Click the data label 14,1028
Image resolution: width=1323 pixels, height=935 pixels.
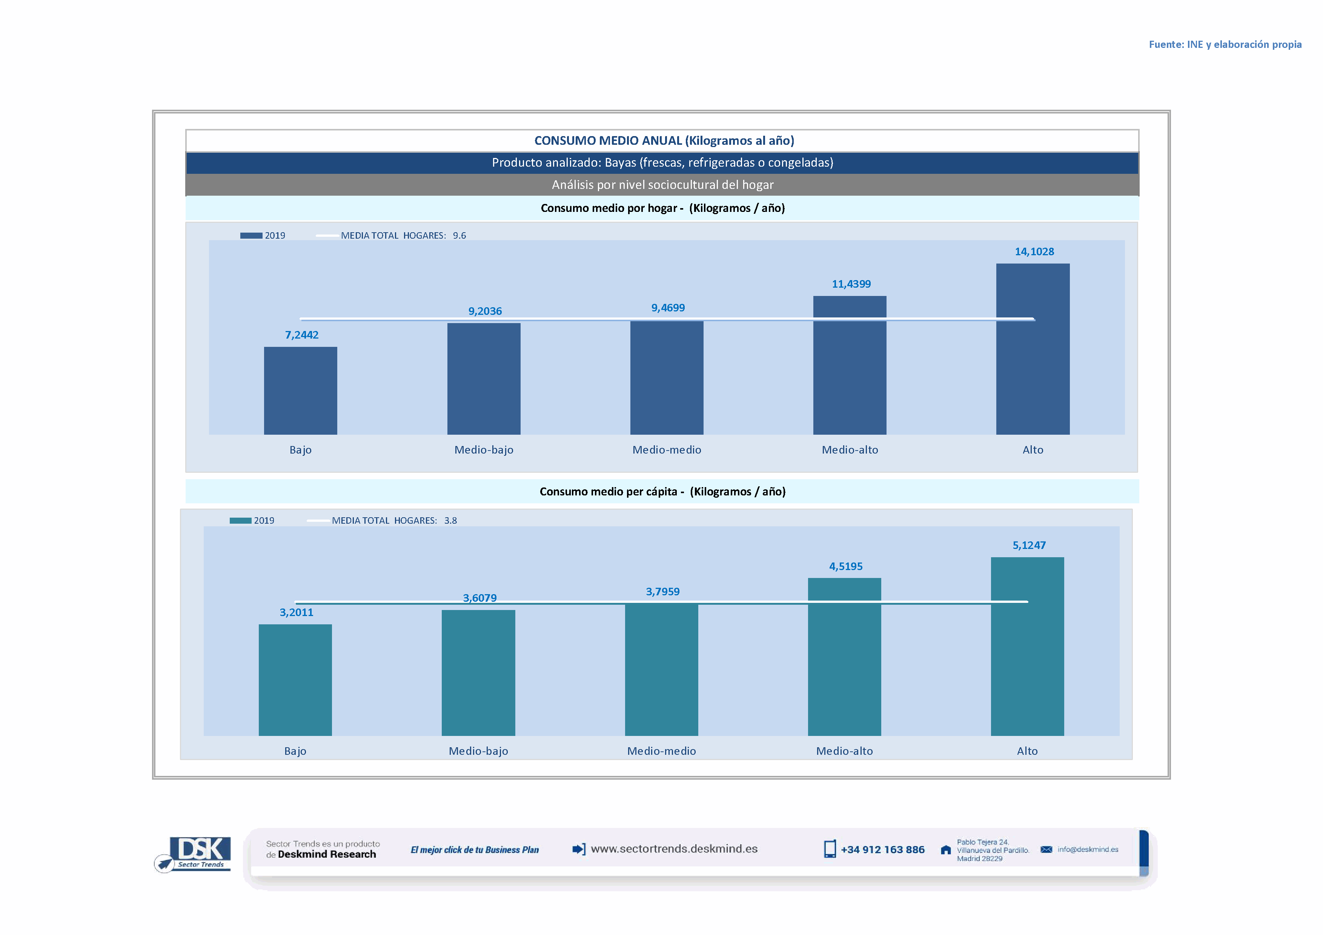(1034, 251)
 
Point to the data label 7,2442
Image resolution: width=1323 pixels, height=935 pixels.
(301, 334)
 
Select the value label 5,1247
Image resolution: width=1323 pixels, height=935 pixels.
(1029, 545)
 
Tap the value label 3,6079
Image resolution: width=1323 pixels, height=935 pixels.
(479, 598)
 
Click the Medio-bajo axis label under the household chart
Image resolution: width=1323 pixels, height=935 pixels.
(484, 450)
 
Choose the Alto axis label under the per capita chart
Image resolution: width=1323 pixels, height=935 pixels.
(1027, 751)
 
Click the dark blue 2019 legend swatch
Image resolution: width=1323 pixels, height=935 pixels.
(251, 236)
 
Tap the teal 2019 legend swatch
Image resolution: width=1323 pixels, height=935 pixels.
(240, 520)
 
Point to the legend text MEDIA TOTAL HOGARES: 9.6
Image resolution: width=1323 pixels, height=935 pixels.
(403, 236)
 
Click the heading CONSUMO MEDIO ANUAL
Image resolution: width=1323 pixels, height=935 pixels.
(664, 141)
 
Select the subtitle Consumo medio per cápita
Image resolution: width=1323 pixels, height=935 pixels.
(662, 491)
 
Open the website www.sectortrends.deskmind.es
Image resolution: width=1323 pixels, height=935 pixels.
(674, 849)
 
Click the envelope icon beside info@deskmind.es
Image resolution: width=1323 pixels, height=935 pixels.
(1046, 849)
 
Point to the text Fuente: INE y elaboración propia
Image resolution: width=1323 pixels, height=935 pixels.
(1225, 44)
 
